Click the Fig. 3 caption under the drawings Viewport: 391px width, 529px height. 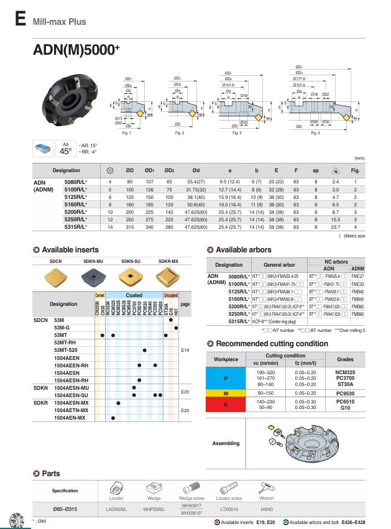[237, 134]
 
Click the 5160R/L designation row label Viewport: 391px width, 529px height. [80, 203]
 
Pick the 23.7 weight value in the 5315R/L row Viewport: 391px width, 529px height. [335, 227]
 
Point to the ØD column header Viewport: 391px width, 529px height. [130, 170]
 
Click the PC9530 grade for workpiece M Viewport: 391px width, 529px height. [345, 393]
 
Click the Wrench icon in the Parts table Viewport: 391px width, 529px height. [266, 487]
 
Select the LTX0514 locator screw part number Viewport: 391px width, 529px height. [229, 509]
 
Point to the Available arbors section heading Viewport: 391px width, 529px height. [243, 250]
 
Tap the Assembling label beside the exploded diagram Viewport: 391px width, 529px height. [226, 443]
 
